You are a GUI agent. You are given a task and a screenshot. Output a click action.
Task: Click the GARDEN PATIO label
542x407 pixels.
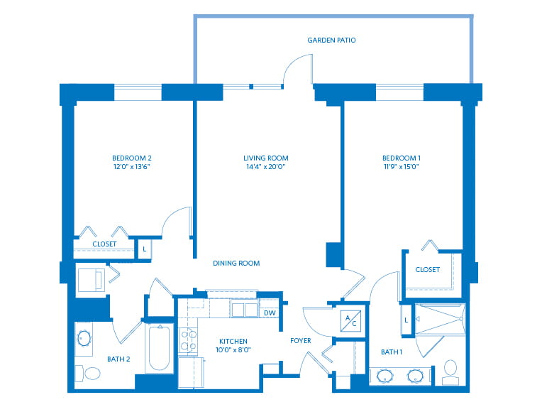[x=331, y=40]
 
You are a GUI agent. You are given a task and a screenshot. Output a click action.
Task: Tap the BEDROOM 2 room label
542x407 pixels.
[x=132, y=158]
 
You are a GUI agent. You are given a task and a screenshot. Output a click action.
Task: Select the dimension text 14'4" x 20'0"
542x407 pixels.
[x=265, y=167]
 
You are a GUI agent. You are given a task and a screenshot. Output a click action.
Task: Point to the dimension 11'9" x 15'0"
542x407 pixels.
[x=402, y=167]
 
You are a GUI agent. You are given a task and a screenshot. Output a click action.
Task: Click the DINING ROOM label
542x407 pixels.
[x=236, y=264]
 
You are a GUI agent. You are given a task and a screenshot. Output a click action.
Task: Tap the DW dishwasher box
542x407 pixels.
[x=270, y=313]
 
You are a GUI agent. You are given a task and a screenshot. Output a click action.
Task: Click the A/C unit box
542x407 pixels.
[x=350, y=321]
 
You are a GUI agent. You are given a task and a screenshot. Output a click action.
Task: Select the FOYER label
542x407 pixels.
[x=301, y=341]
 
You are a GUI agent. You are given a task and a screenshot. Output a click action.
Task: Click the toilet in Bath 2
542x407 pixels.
[x=89, y=373]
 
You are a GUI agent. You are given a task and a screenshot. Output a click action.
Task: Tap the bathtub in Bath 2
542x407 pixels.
[x=159, y=349]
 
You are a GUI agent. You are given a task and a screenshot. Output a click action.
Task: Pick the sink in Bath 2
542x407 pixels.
[x=84, y=338]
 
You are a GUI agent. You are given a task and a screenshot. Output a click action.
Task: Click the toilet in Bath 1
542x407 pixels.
[x=450, y=372]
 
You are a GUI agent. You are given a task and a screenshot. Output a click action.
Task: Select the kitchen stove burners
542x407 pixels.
[x=189, y=340]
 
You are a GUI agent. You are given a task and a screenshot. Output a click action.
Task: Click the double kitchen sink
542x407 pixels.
[x=244, y=310]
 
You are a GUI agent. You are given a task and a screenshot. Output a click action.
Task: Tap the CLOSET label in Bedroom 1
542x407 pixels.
[x=428, y=270]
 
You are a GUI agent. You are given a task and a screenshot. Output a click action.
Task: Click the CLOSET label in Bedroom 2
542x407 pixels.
[x=104, y=244]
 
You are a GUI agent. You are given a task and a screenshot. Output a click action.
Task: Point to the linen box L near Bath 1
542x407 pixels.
[x=406, y=320]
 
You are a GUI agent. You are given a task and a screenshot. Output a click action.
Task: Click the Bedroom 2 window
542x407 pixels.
[x=138, y=92]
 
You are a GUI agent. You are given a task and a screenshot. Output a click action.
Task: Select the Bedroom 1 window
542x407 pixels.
[x=399, y=92]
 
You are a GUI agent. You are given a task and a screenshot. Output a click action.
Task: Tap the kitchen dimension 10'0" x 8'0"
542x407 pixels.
[x=233, y=350]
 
